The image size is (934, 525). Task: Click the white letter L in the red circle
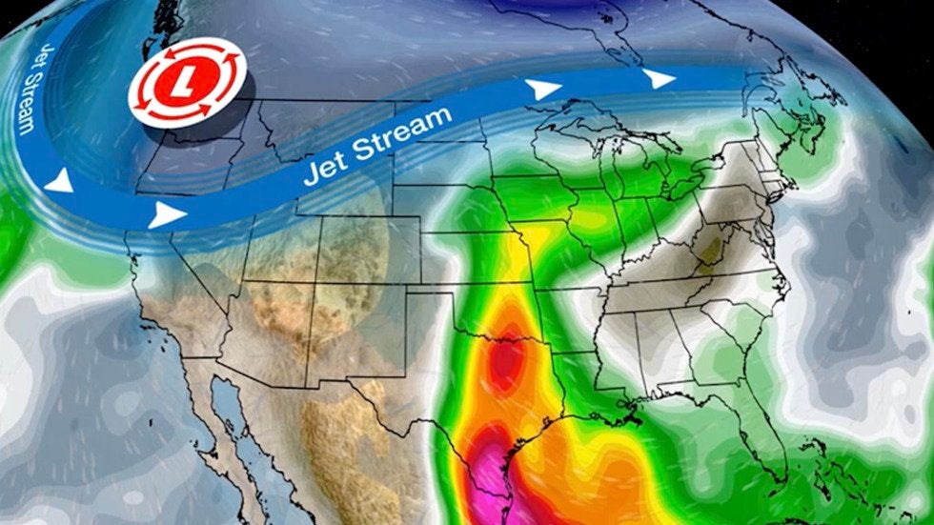tap(189, 77)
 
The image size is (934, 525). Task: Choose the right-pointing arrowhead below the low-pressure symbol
tap(166, 214)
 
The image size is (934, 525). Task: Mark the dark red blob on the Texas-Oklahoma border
tap(507, 361)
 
